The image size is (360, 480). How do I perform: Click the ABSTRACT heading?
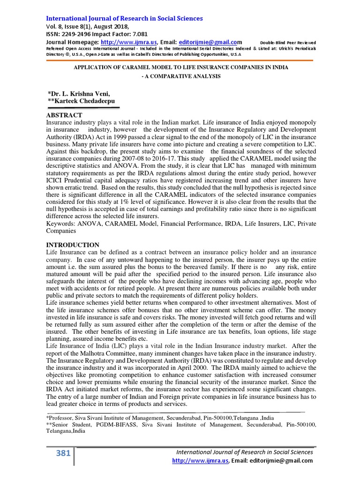click(64, 115)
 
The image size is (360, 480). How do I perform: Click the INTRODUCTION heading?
click(72, 245)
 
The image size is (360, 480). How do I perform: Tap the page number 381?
click(63, 453)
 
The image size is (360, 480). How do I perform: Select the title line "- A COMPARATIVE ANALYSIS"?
click(181, 76)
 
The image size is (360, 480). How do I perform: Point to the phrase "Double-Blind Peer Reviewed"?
click(288, 43)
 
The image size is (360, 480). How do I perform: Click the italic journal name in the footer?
click(244, 452)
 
